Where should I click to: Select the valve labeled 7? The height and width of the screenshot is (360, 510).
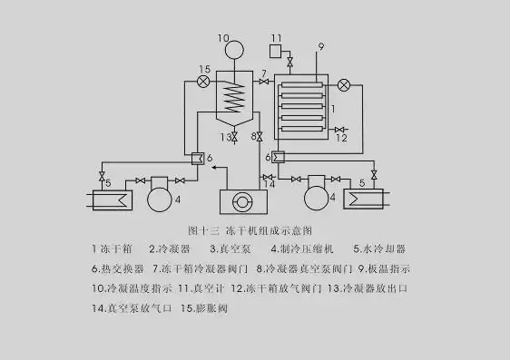[x=263, y=83]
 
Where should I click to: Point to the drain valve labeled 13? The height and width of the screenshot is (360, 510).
[x=235, y=137]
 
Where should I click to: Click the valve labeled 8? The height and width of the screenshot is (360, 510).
[x=260, y=137]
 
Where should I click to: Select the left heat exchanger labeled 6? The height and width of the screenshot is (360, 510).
[x=194, y=158]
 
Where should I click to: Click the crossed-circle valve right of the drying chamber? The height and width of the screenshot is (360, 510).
[x=344, y=85]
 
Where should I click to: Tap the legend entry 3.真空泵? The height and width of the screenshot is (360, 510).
[x=224, y=248]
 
